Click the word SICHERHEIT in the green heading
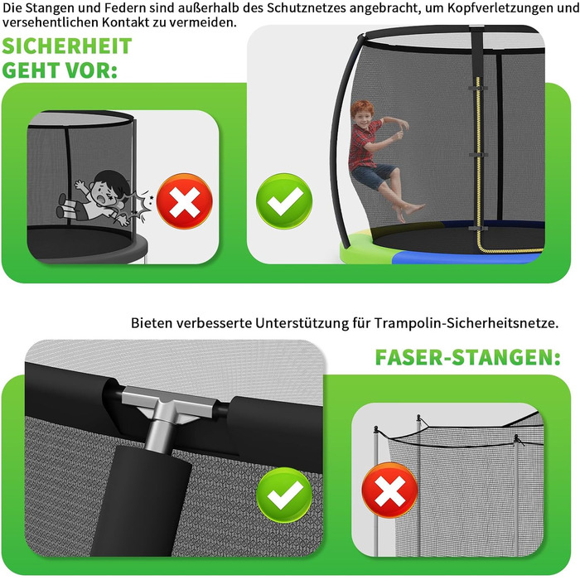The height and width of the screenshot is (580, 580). [67, 46]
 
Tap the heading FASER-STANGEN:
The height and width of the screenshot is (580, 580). [467, 357]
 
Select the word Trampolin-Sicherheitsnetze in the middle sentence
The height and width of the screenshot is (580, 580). [466, 323]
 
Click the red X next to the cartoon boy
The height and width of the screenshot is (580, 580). [184, 201]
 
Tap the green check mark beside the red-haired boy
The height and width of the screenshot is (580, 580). [284, 201]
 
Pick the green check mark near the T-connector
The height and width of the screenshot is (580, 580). [284, 495]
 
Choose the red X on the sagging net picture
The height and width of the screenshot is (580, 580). [390, 491]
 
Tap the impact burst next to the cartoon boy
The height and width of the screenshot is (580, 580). [140, 205]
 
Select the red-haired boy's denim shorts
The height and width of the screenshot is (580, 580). [373, 176]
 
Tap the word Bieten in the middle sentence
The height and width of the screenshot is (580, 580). [152, 323]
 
